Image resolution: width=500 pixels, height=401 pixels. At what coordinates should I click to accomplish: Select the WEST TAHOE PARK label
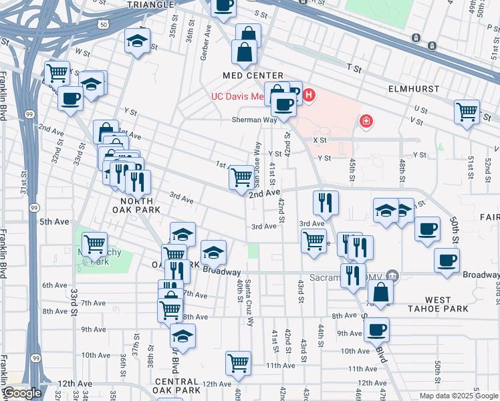(x=438, y=304)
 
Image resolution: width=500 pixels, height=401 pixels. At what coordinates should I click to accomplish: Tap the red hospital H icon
(x=308, y=96)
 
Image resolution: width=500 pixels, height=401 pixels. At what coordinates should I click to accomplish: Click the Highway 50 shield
(x=102, y=24)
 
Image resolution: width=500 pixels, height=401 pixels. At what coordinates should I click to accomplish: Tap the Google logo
(x=23, y=393)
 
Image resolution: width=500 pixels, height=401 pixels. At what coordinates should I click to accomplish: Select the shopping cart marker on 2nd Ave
(x=241, y=177)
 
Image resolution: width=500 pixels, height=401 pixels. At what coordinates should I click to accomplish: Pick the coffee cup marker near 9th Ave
(x=377, y=328)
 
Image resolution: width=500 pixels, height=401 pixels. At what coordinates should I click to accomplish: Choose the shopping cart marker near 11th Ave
(x=238, y=363)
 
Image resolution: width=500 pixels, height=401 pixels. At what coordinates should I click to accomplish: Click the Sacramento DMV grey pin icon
(x=392, y=275)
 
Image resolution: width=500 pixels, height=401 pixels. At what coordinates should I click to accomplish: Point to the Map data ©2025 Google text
(x=459, y=395)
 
